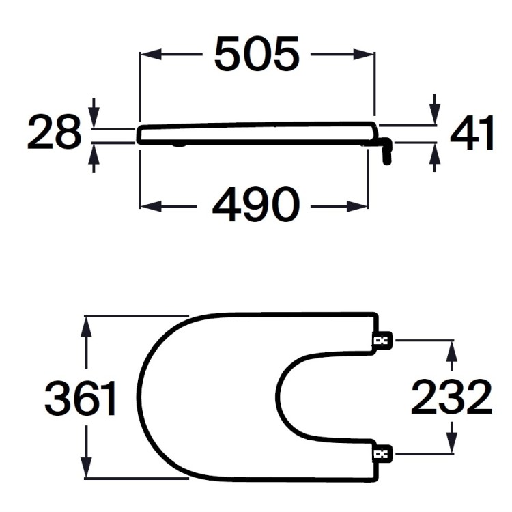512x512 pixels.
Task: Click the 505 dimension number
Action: [257, 55]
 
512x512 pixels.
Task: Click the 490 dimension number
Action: [255, 205]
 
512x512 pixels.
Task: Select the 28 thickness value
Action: [54, 133]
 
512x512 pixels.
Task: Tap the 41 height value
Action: [472, 134]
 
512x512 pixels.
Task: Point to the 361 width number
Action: [81, 399]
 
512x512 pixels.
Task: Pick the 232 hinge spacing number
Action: [451, 398]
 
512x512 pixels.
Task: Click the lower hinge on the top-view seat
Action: [380, 453]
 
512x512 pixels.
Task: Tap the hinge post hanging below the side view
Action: [388, 152]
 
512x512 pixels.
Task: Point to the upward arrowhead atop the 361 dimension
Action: [85, 326]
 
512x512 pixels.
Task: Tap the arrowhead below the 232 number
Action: [451, 444]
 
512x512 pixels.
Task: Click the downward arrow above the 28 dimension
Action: [94, 117]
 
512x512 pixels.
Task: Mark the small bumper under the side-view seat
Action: [178, 145]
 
